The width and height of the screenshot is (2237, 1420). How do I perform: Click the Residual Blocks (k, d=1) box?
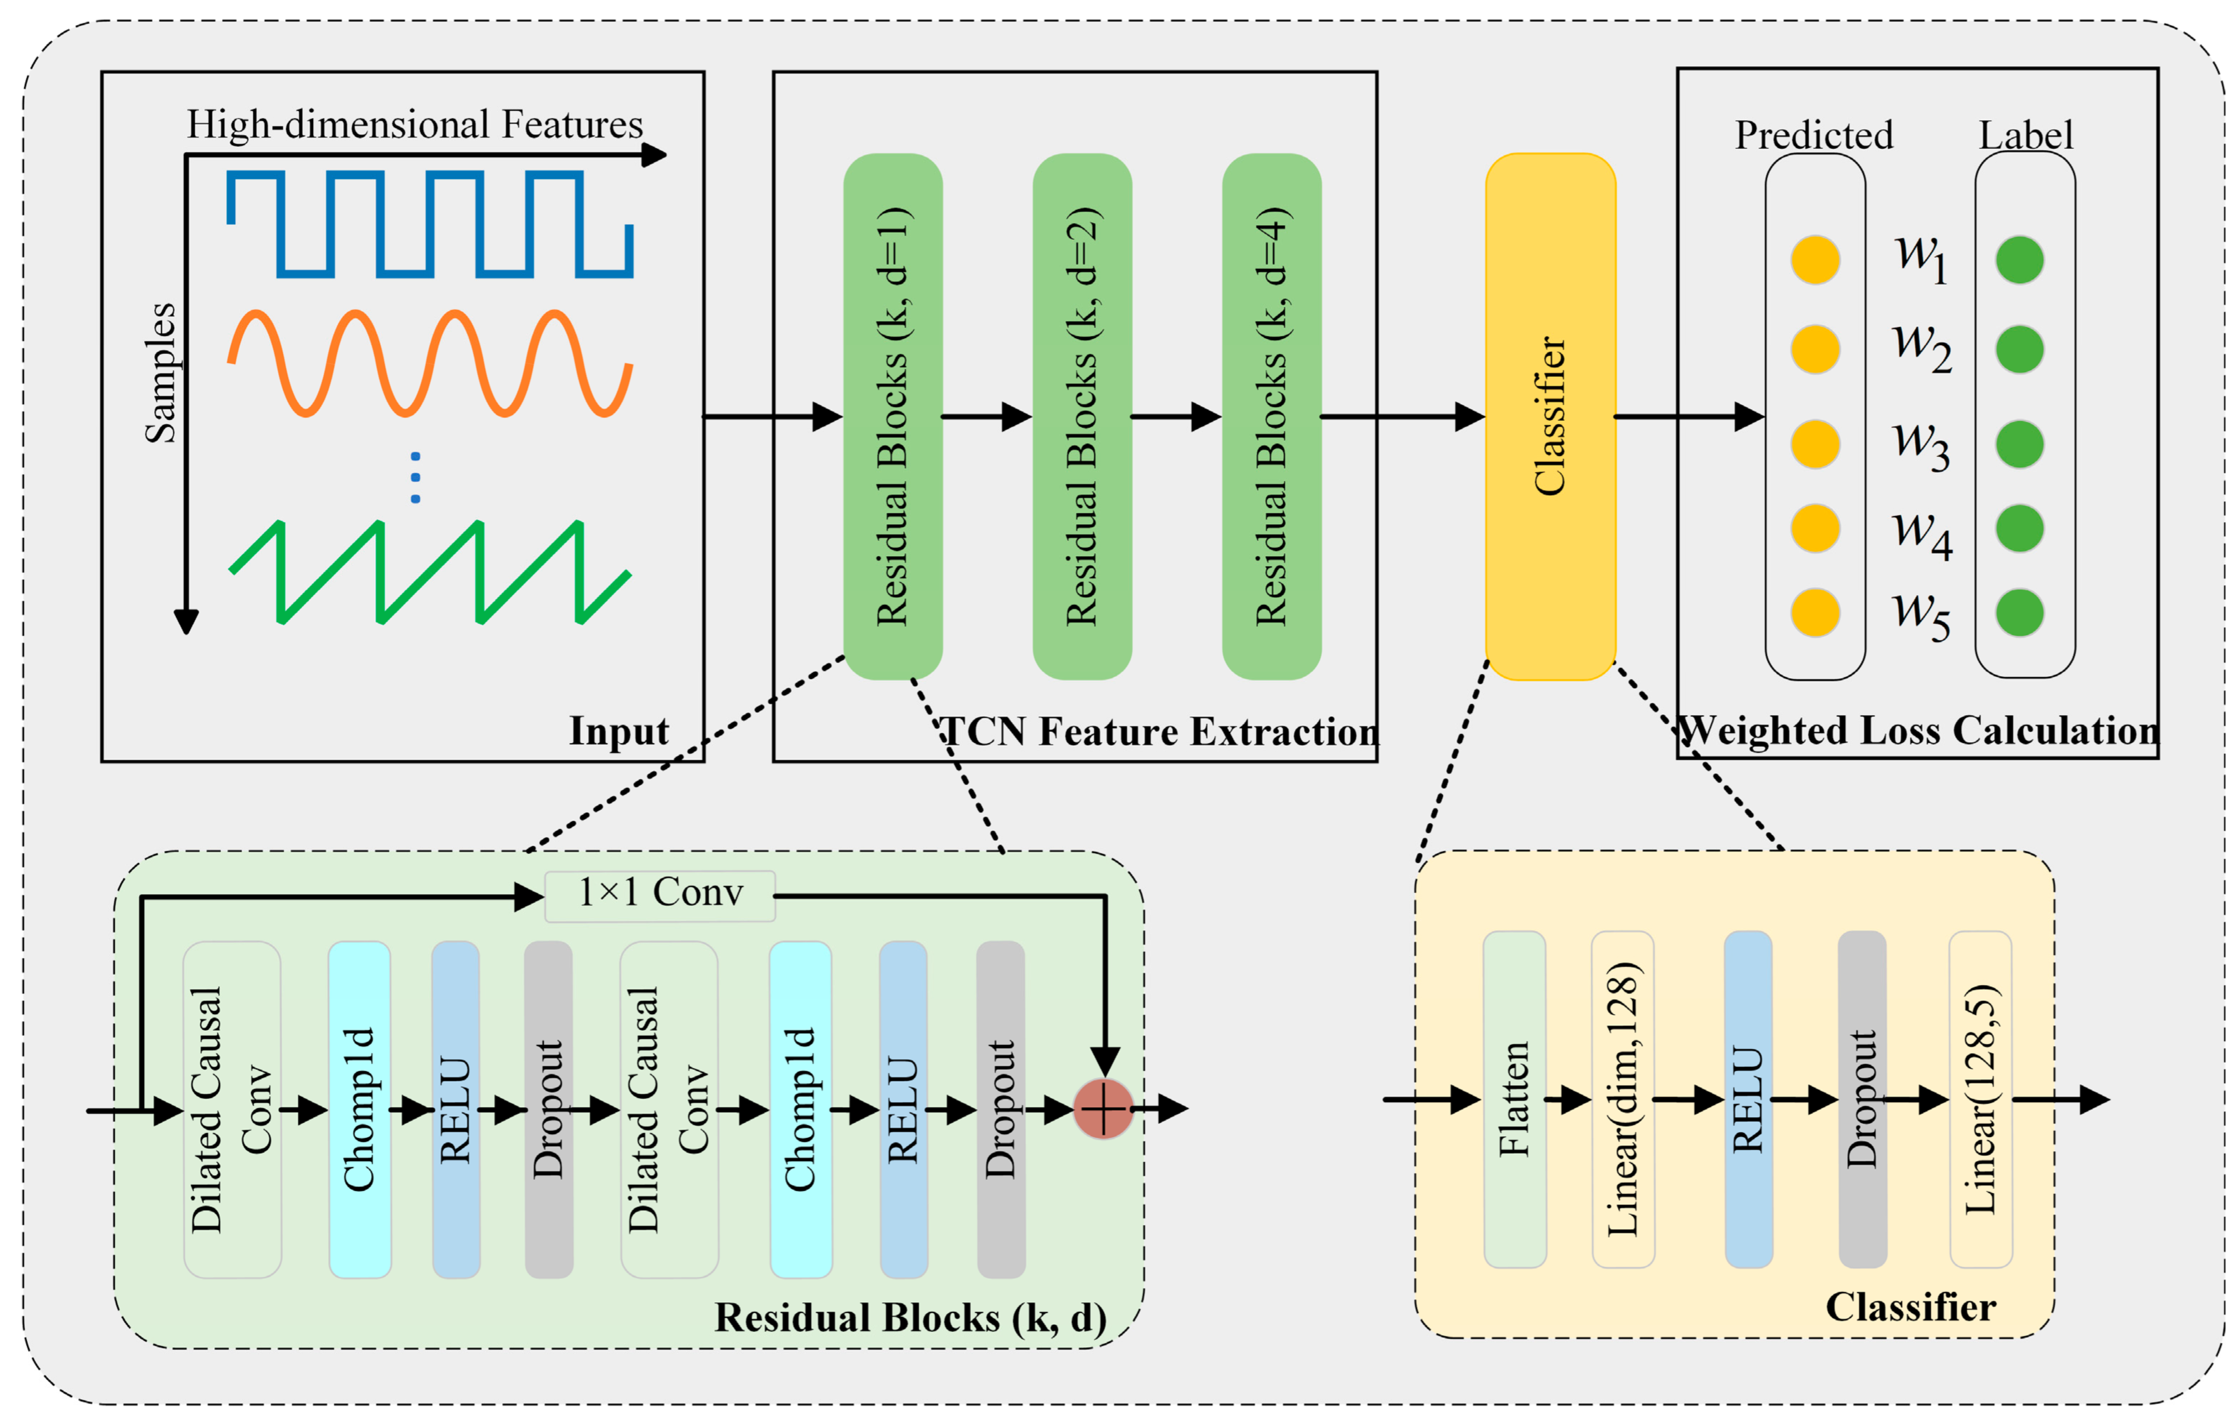point(893,416)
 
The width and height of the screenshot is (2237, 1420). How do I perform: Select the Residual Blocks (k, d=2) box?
point(1082,416)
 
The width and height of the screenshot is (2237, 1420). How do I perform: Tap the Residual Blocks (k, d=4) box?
point(1272,416)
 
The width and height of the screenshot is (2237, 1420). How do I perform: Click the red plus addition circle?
point(1104,1108)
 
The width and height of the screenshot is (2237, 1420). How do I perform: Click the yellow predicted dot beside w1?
point(1815,259)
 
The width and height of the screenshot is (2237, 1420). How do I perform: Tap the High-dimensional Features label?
point(414,124)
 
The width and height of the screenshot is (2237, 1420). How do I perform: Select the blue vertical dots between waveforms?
point(415,477)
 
